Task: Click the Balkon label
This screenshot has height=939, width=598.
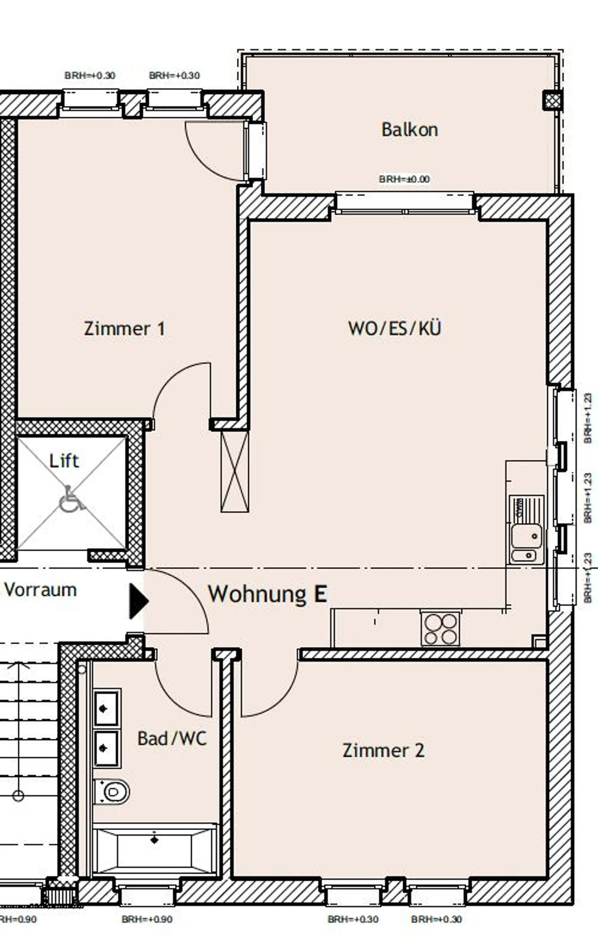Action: (x=409, y=130)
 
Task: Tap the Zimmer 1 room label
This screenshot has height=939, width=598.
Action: (x=125, y=329)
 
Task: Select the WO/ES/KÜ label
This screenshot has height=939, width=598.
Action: (x=395, y=328)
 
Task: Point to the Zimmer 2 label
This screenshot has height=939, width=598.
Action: (x=383, y=750)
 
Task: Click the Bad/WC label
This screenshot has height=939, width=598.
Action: (x=172, y=738)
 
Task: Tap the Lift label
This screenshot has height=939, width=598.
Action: (x=64, y=461)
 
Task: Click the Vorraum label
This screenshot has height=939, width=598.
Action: (x=41, y=590)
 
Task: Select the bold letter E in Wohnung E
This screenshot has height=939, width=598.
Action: (x=320, y=594)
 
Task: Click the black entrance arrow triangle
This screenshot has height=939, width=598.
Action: (x=138, y=601)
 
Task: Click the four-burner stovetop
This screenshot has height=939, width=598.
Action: (x=441, y=629)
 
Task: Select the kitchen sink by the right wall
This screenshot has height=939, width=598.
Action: (x=527, y=536)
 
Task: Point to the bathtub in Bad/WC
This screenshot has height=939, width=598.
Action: (x=154, y=850)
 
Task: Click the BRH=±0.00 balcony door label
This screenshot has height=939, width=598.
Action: (x=404, y=179)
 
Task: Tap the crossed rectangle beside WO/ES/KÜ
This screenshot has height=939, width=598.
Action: (x=235, y=472)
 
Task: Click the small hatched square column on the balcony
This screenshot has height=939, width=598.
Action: (x=553, y=100)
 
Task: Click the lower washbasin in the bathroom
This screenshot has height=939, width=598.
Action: (x=106, y=748)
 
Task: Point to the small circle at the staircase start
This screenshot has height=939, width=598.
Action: (x=18, y=796)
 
